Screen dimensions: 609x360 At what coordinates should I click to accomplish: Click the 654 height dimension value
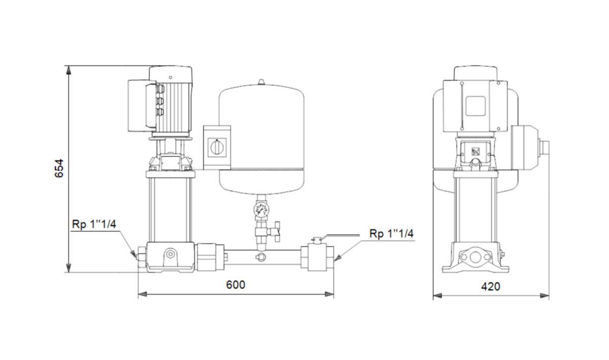[x=59, y=169]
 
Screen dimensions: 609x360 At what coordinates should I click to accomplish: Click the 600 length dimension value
[x=235, y=285]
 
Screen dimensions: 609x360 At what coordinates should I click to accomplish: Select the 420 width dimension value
[x=491, y=286]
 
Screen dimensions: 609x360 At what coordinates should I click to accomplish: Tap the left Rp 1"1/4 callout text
[x=94, y=224]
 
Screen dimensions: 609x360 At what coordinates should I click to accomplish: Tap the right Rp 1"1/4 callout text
[x=391, y=234]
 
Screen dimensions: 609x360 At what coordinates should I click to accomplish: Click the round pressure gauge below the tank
[x=261, y=210]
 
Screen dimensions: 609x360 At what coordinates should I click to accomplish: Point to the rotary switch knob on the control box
[x=217, y=147]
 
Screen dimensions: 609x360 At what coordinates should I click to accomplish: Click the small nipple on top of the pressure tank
[x=261, y=82]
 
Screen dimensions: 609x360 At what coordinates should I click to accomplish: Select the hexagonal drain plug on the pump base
[x=171, y=254]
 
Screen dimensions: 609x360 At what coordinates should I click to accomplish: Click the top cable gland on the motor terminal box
[x=160, y=89]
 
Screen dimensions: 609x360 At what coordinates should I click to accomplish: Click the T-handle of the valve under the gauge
[x=277, y=232]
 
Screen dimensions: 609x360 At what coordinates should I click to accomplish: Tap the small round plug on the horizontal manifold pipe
[x=261, y=256]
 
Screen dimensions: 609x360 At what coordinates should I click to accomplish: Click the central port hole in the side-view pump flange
[x=475, y=257]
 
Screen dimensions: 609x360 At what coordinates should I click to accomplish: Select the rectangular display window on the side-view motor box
[x=476, y=106]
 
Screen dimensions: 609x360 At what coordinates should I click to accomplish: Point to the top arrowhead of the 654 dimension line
[x=69, y=70]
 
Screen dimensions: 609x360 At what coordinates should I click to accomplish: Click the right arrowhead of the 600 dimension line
[x=329, y=294]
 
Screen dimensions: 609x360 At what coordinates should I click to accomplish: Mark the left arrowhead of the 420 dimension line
[x=437, y=296]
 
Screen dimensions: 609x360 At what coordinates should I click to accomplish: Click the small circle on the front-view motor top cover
[x=171, y=78]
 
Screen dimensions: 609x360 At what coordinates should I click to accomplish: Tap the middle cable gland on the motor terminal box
[x=160, y=101]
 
